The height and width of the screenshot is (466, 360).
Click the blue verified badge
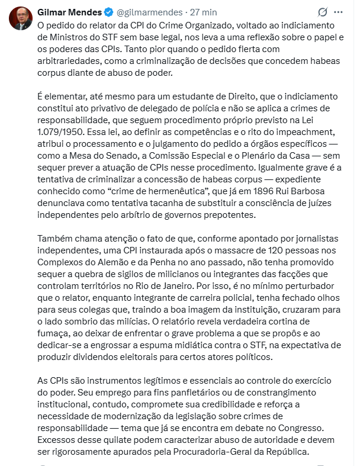point(108,12)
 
